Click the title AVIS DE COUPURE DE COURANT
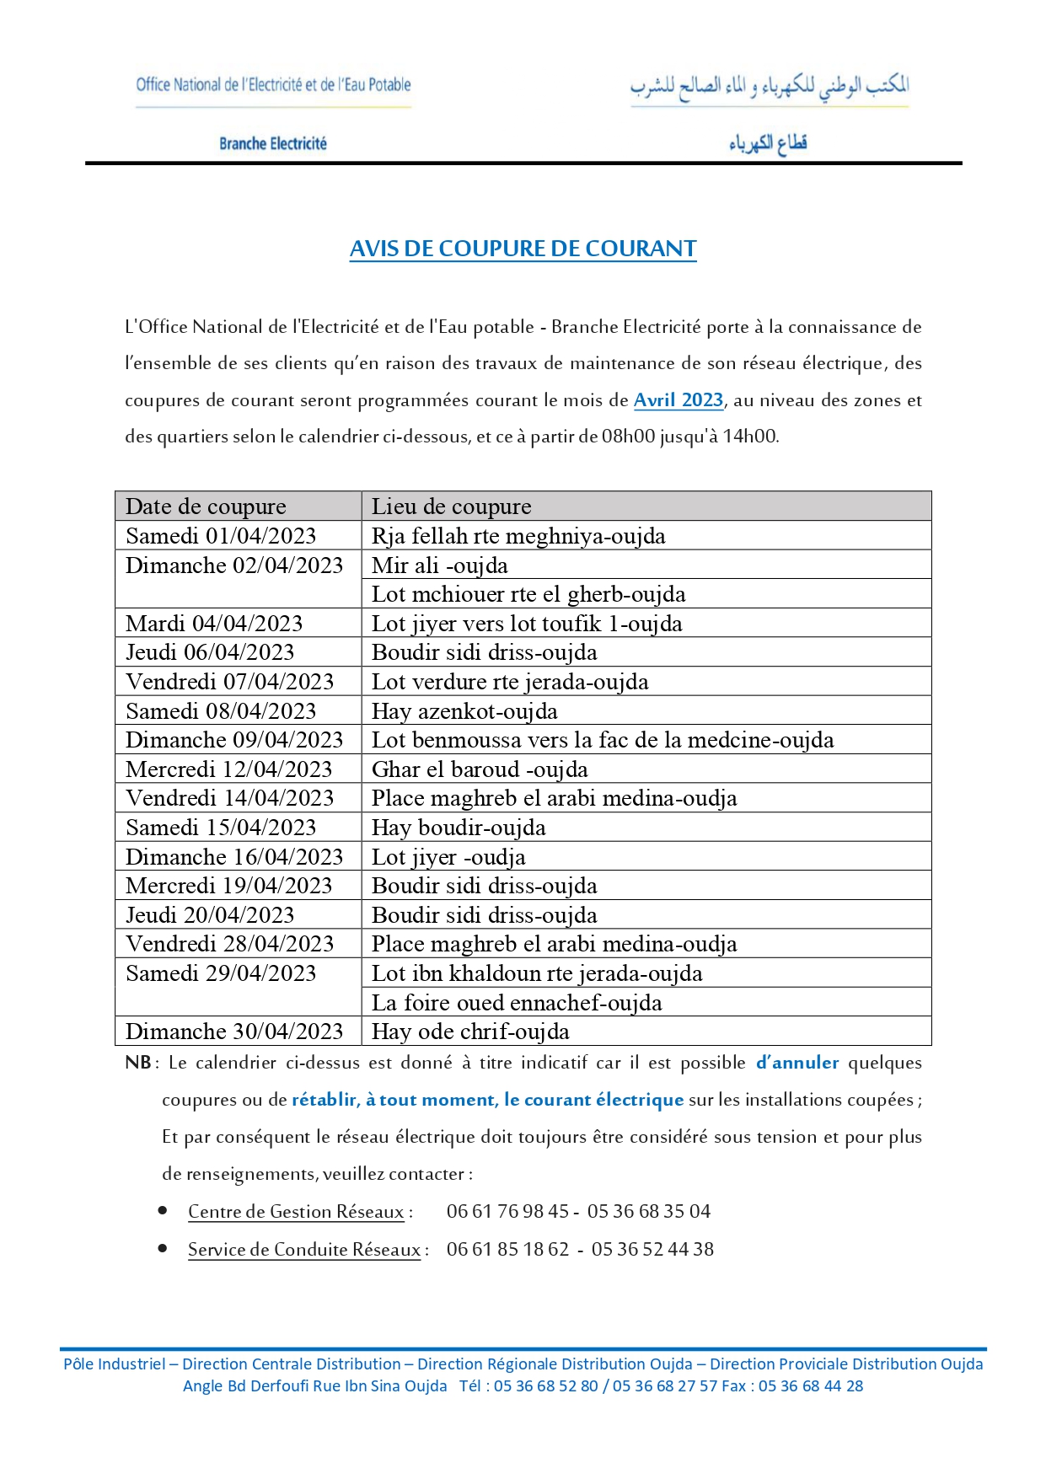523,249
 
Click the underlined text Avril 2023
679,400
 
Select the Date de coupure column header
206,506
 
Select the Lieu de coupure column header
452,506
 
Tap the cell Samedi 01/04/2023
221,536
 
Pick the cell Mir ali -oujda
440,565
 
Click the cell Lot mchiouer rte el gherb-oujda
528,594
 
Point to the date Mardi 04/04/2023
214,624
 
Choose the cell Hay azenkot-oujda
464,711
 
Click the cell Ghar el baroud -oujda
480,769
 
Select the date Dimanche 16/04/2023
234,857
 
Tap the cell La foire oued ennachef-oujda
517,1003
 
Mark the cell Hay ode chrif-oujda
470,1032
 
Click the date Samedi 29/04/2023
221,973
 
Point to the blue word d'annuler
797,1063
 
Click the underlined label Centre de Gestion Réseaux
296,1212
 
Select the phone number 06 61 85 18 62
507,1249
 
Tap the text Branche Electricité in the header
273,143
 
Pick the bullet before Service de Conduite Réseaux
163,1248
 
